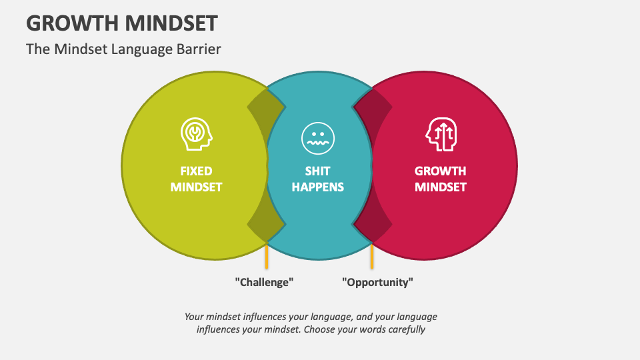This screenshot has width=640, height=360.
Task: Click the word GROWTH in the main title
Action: pos(70,23)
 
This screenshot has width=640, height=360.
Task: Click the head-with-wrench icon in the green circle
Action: pos(197,133)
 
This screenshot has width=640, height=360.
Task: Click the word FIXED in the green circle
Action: pos(196,171)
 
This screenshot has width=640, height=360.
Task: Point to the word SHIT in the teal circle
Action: pos(317,171)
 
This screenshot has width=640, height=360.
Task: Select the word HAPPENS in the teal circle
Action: pos(317,187)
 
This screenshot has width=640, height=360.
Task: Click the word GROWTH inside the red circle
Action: pos(440,171)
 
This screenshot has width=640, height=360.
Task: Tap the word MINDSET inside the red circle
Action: pos(440,187)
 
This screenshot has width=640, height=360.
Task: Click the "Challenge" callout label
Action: pos(265,282)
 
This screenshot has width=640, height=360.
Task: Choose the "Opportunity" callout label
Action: pos(377,282)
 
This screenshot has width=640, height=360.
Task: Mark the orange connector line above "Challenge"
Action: pos(267,257)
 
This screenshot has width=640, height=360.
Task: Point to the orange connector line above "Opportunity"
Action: pos(371,257)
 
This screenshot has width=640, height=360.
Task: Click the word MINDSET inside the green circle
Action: pos(196,187)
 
